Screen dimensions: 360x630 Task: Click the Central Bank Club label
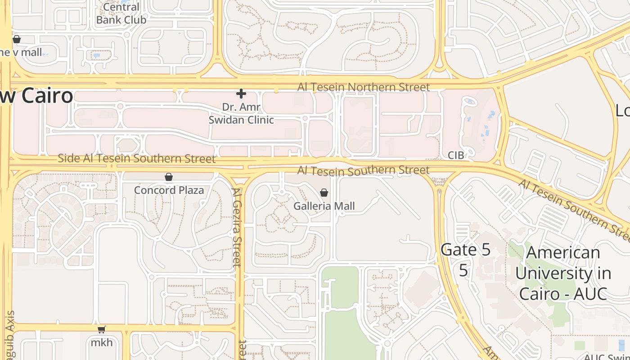point(121,13)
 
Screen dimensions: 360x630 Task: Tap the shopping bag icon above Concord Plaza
point(169,177)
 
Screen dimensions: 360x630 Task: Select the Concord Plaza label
point(169,190)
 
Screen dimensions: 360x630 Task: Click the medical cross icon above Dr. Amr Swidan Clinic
point(241,94)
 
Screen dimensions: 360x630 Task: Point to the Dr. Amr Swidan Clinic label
point(241,114)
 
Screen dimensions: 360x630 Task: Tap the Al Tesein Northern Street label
point(363,87)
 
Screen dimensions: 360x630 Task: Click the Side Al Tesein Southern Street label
point(137,158)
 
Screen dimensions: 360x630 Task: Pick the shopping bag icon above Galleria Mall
point(324,193)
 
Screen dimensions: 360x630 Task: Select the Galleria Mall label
point(324,206)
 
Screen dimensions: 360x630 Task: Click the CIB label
point(455,155)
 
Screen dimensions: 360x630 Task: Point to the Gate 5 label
point(465,250)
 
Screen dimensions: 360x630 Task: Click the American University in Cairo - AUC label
point(563,273)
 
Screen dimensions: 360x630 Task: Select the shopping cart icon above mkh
point(102,330)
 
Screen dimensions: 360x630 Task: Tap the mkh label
point(102,342)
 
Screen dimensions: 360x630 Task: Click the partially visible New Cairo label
point(36,96)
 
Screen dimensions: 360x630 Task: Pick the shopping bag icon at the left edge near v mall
point(17,39)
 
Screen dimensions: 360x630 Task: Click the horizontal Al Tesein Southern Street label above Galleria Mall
point(363,171)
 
